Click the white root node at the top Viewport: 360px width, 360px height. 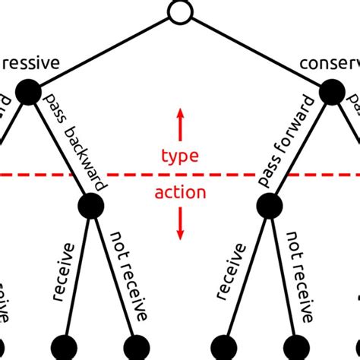[180, 12]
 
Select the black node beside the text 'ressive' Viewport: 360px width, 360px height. [28, 93]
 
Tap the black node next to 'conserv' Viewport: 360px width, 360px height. [332, 93]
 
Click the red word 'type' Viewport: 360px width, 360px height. [180, 156]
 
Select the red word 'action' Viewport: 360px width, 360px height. [180, 193]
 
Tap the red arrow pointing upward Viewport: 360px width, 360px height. [180, 125]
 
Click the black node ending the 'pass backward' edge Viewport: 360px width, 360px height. [90, 204]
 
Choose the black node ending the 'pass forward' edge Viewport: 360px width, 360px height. [270, 204]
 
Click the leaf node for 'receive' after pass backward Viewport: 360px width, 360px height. [63, 346]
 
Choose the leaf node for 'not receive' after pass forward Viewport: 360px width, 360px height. [296, 346]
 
